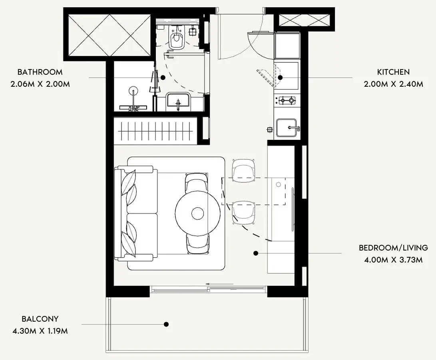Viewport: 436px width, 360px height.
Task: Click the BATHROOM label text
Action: point(40,72)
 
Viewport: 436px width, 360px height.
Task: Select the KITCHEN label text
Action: point(393,72)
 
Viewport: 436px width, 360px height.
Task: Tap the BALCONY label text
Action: point(40,319)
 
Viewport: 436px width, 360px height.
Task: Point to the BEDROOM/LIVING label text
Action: point(393,248)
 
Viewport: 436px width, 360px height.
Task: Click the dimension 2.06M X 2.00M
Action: point(40,84)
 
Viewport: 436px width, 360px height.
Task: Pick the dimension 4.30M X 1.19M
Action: point(40,331)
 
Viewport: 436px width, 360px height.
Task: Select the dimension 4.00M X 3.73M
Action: point(393,260)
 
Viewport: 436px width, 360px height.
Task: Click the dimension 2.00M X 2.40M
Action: point(394,84)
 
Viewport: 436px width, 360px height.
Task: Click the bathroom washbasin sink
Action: point(178,101)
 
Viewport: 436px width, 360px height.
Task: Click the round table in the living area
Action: point(198,213)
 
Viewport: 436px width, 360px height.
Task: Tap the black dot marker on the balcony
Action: point(166,324)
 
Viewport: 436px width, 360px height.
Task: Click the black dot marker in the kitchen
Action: point(280,78)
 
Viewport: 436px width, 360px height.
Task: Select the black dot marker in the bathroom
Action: point(163,78)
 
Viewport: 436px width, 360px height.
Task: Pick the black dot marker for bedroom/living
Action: point(256,253)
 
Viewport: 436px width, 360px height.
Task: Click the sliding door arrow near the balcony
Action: point(219,284)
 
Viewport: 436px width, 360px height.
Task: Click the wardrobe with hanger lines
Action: point(156,131)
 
